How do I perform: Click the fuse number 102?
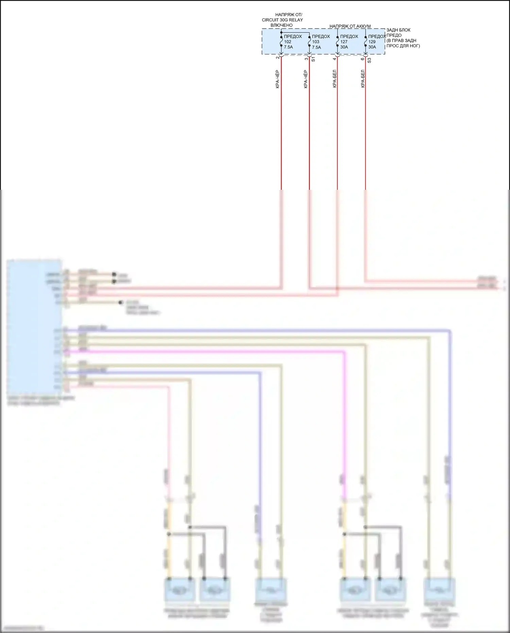(x=288, y=42)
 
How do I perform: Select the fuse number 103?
(x=316, y=42)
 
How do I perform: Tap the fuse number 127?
(x=344, y=42)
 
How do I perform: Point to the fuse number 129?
(x=372, y=42)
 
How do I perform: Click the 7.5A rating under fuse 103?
(x=317, y=47)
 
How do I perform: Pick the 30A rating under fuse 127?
(x=344, y=47)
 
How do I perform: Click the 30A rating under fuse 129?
(x=372, y=47)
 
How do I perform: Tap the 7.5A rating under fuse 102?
(x=288, y=47)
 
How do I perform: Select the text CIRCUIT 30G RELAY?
(x=282, y=20)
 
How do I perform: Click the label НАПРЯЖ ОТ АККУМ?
(x=350, y=26)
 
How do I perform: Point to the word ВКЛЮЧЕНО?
(x=282, y=25)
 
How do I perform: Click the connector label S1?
(x=313, y=59)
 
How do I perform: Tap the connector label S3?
(x=370, y=60)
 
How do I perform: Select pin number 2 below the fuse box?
(x=278, y=58)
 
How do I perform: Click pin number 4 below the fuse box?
(x=334, y=59)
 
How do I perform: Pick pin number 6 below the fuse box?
(x=362, y=59)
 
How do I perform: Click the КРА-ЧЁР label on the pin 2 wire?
(x=277, y=79)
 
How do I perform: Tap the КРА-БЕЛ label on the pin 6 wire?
(x=362, y=79)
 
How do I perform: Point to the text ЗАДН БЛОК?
(x=398, y=30)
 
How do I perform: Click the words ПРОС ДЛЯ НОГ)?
(x=403, y=46)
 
